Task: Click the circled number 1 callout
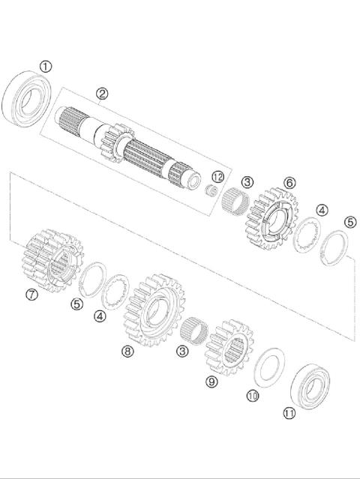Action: point(46,67)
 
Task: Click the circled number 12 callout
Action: point(218,176)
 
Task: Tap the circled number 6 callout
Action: point(289,182)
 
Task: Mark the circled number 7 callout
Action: point(31,295)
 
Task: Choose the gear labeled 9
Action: point(229,347)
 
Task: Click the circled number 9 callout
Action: point(211,382)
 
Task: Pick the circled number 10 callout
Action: point(253,395)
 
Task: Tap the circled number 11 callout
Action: point(289,412)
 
